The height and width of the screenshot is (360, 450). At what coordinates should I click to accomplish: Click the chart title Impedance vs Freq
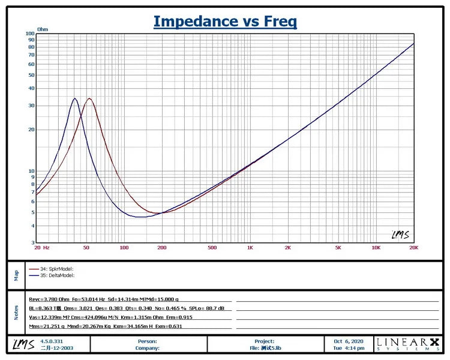225,21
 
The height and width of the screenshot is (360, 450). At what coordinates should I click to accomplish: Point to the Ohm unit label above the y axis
43,29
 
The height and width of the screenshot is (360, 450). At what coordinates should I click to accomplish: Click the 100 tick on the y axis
30,34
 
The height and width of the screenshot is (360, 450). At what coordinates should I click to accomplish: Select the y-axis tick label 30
31,106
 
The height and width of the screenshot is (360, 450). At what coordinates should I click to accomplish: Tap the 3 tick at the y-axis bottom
32,243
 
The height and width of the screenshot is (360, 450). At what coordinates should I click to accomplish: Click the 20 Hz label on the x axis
41,248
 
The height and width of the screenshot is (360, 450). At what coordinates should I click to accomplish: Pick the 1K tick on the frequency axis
250,248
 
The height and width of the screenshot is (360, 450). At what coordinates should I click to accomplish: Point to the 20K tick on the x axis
413,248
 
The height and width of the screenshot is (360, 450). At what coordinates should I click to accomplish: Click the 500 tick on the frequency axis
212,248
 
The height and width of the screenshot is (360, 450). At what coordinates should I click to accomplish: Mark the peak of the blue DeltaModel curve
75,98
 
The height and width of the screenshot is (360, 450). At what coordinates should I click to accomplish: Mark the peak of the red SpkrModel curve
89,98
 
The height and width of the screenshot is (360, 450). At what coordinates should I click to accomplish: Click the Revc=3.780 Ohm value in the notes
47,298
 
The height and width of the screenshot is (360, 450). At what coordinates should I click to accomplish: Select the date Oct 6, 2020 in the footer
349,341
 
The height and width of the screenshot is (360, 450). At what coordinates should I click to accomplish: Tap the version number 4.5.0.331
52,341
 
